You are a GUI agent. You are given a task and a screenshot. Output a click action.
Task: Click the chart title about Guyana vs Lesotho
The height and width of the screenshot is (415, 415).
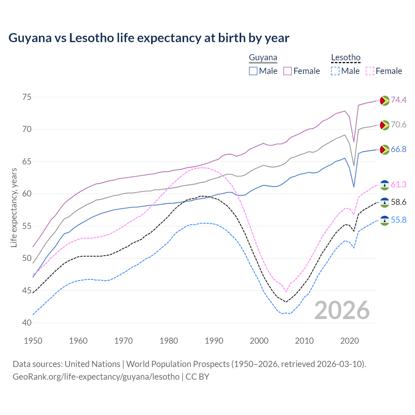coord(149,38)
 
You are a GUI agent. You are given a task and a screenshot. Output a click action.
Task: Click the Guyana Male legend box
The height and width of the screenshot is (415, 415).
coord(253,71)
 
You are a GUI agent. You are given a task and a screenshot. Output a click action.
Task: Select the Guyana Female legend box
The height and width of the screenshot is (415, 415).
coord(288,71)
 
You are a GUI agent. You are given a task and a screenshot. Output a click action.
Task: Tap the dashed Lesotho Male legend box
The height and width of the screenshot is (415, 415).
coord(335,71)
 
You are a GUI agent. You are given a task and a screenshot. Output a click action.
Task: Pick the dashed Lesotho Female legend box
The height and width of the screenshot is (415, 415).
coord(370,71)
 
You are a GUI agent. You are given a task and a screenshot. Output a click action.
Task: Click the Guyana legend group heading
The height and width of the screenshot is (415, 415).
coord(263,58)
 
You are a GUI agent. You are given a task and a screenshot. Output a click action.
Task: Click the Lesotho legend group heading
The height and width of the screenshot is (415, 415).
coord(346,58)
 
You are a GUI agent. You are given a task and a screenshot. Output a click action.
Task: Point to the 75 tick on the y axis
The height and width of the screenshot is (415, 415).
coord(27,97)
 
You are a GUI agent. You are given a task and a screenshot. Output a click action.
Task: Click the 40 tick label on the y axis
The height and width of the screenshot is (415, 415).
coord(27,323)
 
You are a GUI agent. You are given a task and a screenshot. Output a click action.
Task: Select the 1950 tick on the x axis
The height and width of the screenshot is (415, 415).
coord(33,341)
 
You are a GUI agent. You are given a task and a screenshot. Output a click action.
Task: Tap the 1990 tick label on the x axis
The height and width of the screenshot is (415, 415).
coord(214,341)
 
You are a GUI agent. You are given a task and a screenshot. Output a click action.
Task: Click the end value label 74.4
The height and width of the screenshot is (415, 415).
coord(398,100)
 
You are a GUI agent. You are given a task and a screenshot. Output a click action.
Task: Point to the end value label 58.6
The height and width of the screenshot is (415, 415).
coord(398,202)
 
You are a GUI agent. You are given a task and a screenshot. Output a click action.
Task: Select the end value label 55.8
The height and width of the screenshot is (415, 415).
coord(398,220)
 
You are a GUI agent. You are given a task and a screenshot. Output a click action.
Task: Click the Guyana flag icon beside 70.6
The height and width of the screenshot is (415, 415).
coord(385,125)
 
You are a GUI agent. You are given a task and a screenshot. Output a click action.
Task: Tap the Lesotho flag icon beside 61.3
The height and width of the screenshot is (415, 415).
coord(385,185)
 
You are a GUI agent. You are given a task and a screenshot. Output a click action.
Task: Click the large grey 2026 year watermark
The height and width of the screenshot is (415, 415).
coord(342,310)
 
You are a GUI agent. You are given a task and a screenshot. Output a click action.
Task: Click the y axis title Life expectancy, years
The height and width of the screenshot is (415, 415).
coord(14,207)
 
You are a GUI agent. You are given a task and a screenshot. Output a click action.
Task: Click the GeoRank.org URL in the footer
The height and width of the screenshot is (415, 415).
coord(96,377)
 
